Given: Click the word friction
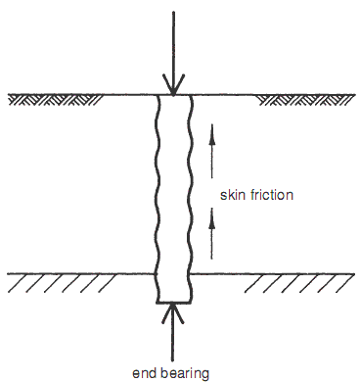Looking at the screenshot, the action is coord(272,195).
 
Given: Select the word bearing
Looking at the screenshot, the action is coord(185,374).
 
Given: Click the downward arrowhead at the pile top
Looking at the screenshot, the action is coord(173,85).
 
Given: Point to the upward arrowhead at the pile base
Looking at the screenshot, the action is coord(172,313).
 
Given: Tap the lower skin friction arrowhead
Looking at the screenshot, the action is coord(212,218).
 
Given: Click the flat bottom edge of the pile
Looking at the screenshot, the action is coord(173,303).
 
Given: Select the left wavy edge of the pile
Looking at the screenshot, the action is coord(157,199).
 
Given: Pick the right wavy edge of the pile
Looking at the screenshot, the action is coord(190,199).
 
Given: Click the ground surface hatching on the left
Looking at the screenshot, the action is coord(55,100).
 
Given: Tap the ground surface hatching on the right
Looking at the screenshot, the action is coord(306,100).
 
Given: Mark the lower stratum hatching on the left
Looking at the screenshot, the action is coord(62,283).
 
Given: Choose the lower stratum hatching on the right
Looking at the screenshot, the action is coord(299,283).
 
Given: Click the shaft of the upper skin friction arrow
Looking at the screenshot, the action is coord(212,152).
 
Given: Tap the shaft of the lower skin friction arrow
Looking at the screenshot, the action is coord(212,234).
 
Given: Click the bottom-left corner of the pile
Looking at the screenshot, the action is coord(157,303).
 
